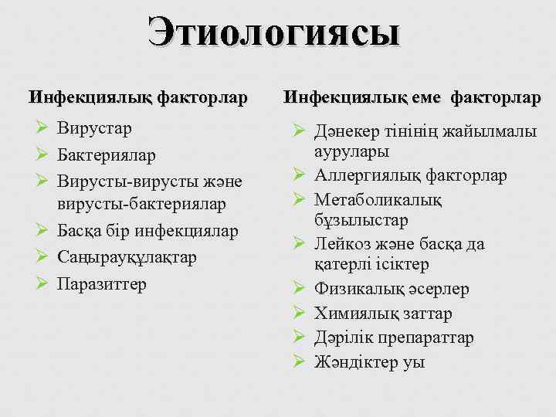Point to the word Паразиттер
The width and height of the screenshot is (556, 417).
(101, 283)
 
